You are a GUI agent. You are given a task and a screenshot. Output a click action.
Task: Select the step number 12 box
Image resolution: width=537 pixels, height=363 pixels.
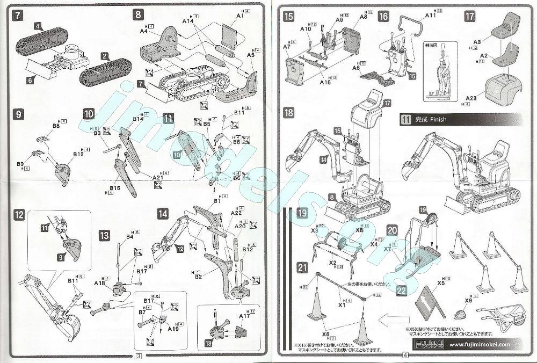point(19,215)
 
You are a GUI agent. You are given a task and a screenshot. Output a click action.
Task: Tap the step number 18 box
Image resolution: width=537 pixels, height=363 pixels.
point(289,113)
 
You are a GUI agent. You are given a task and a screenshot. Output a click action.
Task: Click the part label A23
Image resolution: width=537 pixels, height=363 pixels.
point(473,98)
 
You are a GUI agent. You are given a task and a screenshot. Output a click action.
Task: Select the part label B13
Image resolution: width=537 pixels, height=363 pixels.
point(78,154)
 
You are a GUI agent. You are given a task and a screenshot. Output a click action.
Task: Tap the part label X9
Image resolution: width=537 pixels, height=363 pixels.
point(468,301)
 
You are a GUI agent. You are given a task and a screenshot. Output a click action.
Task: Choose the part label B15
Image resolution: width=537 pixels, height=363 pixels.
point(115,188)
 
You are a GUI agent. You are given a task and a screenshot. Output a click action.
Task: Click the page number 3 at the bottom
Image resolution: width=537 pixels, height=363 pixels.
point(139,355)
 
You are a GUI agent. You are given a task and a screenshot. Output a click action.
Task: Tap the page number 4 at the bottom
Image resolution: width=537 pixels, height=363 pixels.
point(404,355)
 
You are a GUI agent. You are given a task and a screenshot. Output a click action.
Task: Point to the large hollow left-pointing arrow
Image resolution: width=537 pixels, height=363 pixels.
point(394,321)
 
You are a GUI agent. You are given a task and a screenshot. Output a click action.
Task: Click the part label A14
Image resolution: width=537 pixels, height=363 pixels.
point(187,20)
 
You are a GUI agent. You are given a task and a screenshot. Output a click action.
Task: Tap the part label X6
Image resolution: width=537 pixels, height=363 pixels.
point(325,334)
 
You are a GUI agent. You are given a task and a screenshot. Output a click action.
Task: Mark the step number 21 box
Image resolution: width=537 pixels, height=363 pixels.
point(303,267)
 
